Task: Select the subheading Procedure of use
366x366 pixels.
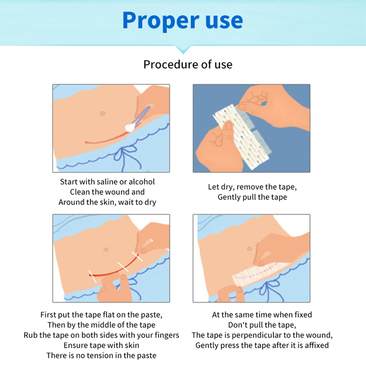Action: [188, 64]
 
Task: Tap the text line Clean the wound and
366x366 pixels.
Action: [108, 192]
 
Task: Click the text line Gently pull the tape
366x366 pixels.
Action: [252, 197]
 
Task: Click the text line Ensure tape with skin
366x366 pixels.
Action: [101, 345]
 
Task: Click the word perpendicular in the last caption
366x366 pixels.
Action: [264, 335]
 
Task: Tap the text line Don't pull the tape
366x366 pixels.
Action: [262, 325]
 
